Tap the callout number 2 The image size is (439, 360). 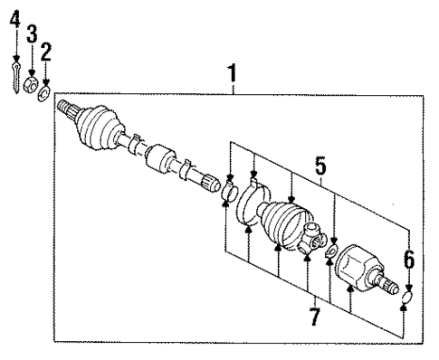tap(46, 50)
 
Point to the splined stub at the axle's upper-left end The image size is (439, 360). tap(69, 110)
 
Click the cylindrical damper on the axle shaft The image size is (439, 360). tap(162, 162)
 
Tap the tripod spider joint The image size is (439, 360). tap(313, 238)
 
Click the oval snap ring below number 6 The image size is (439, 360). tap(405, 295)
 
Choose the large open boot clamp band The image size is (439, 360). tap(249, 210)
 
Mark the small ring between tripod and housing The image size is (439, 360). tap(331, 251)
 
